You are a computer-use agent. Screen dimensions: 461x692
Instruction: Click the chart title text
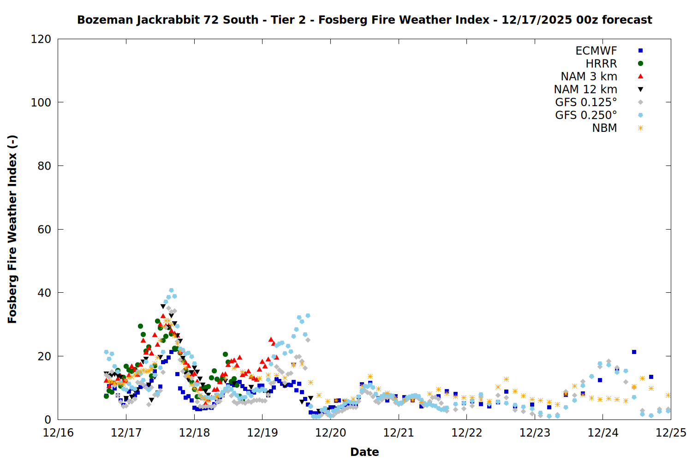point(364,20)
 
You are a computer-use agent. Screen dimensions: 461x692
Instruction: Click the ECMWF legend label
point(596,51)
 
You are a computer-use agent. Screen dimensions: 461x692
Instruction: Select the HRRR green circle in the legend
point(640,64)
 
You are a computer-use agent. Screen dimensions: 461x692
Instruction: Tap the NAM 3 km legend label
point(589,77)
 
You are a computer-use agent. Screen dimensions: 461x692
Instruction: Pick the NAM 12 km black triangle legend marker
point(640,89)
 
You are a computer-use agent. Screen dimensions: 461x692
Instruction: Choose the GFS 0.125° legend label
point(586,102)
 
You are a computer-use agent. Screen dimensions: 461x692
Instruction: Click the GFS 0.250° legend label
point(586,115)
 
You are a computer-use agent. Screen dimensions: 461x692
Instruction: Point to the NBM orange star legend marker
point(640,128)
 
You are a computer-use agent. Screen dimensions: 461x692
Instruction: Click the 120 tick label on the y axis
point(41,39)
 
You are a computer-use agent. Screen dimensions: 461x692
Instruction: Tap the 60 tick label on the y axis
point(44,230)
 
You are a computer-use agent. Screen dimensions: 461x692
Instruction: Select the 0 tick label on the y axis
point(48,420)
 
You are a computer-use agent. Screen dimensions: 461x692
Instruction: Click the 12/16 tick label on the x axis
point(58,433)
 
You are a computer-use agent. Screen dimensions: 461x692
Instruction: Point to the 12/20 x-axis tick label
point(330,433)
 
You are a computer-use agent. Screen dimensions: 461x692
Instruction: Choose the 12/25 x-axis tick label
point(671,433)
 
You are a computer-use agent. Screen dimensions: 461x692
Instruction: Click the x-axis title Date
point(364,452)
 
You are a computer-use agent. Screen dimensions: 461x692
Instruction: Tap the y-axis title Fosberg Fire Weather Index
point(12,229)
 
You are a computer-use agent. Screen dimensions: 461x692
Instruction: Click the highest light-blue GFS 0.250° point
point(171,290)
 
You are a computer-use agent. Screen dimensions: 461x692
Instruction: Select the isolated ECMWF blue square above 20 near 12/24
point(634,352)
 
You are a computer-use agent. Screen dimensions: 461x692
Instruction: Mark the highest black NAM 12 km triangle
point(163,306)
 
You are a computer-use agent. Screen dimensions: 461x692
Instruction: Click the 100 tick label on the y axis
point(41,102)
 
